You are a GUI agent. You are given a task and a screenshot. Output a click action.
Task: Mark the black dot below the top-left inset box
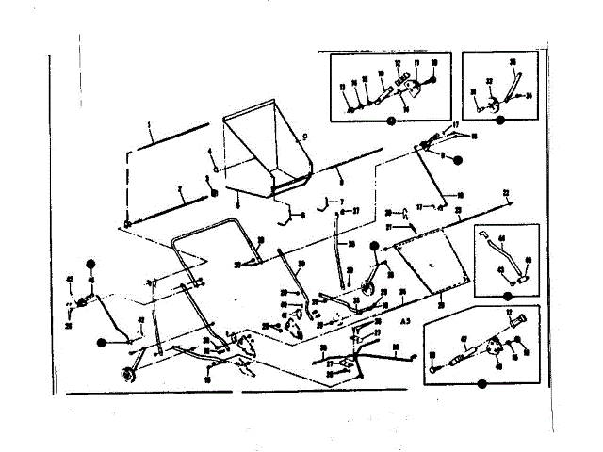390,121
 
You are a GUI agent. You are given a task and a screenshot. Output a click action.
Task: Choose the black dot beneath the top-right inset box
498,121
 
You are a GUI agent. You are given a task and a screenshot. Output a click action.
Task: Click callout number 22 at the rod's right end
507,192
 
